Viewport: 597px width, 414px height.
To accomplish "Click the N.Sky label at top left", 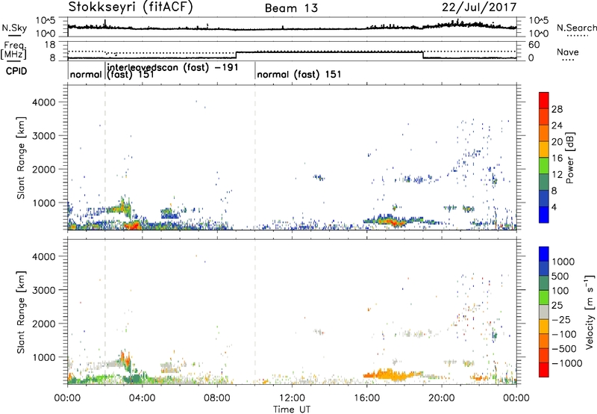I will (x=11, y=27).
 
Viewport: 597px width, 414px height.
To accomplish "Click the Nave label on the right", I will (x=568, y=52).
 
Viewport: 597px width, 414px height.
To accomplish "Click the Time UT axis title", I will (x=292, y=408).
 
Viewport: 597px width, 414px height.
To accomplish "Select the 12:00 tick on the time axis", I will (x=292, y=397).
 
